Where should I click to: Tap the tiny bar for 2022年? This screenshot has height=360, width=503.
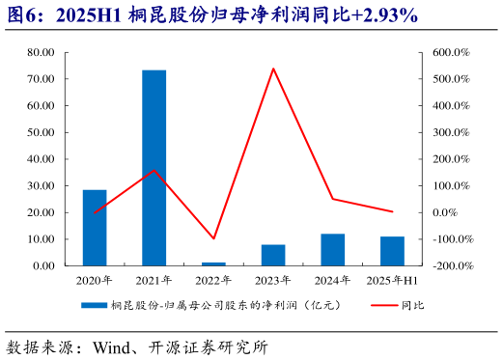point(213,263)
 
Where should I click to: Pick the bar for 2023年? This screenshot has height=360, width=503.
point(273,255)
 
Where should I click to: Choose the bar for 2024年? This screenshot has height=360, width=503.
point(333,249)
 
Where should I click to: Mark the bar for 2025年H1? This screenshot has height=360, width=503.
point(392,251)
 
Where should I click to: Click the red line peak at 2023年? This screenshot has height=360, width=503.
point(273,69)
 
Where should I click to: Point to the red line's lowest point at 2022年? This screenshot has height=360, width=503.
point(213,238)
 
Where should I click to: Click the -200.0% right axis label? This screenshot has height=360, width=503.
point(449,265)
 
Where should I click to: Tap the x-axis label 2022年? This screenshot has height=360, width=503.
point(213,280)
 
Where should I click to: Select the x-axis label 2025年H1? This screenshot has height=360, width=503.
point(393,280)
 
